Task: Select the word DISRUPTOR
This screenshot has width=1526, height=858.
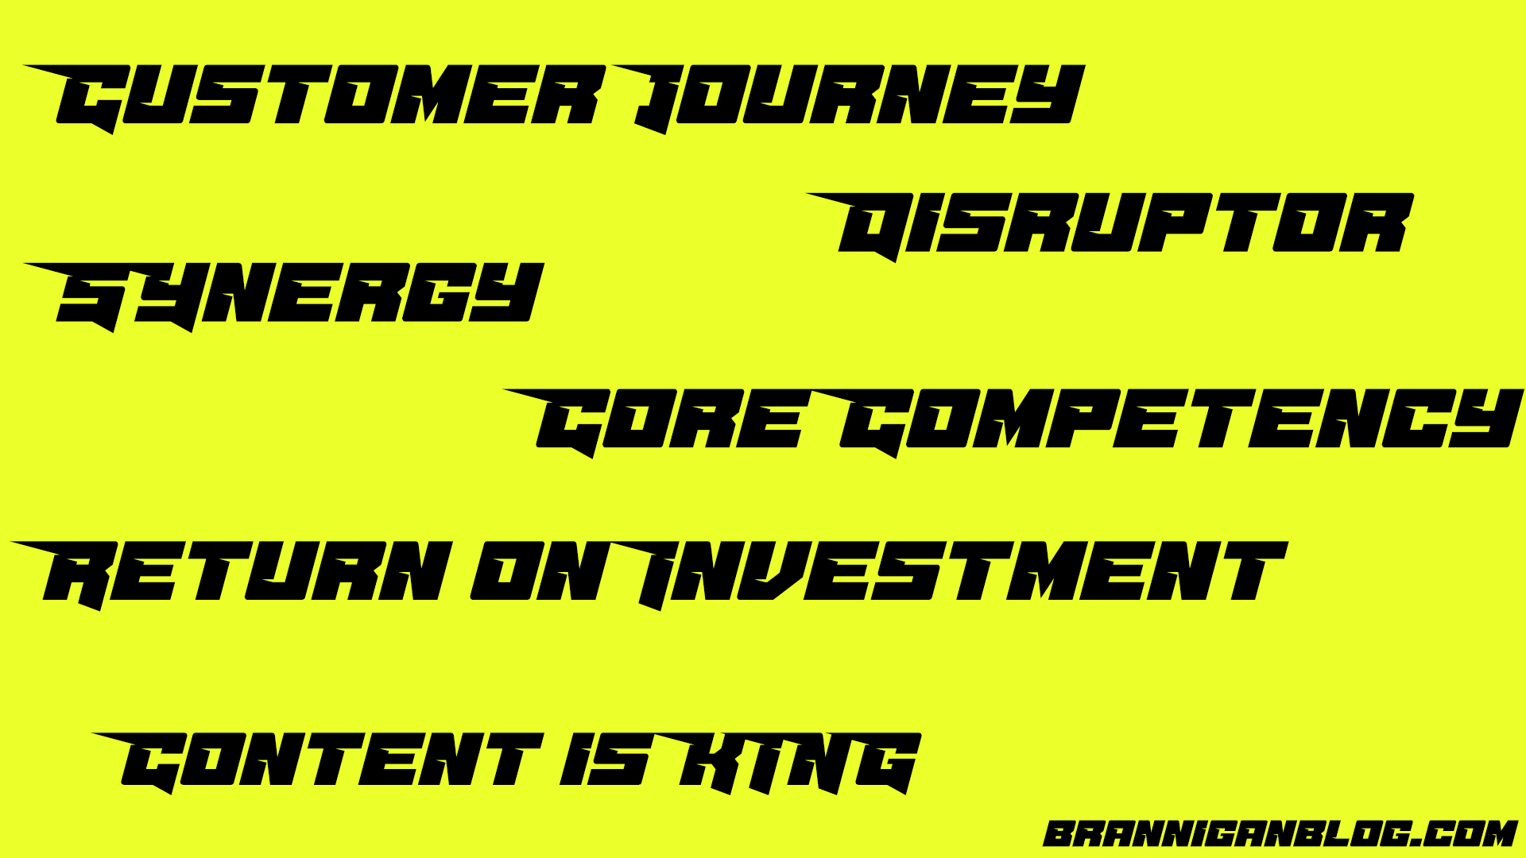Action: tap(1110, 226)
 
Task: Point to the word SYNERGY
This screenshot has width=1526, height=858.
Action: tap(284, 296)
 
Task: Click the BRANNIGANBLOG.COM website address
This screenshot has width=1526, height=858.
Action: tap(1280, 834)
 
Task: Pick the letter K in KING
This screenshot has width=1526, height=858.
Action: tap(699, 763)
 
